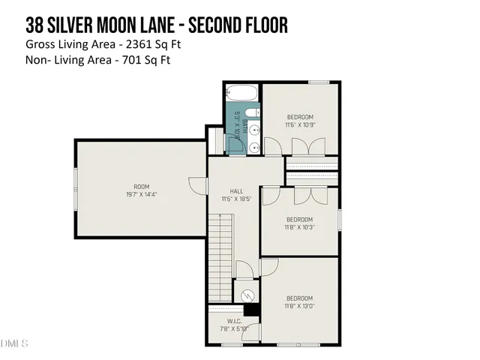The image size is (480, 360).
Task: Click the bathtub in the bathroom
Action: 241,94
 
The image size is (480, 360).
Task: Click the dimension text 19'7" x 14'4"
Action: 142,193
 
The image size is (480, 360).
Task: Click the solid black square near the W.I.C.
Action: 252,308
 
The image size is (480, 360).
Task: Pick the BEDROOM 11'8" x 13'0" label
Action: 300,301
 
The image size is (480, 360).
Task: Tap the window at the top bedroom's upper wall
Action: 319,82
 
